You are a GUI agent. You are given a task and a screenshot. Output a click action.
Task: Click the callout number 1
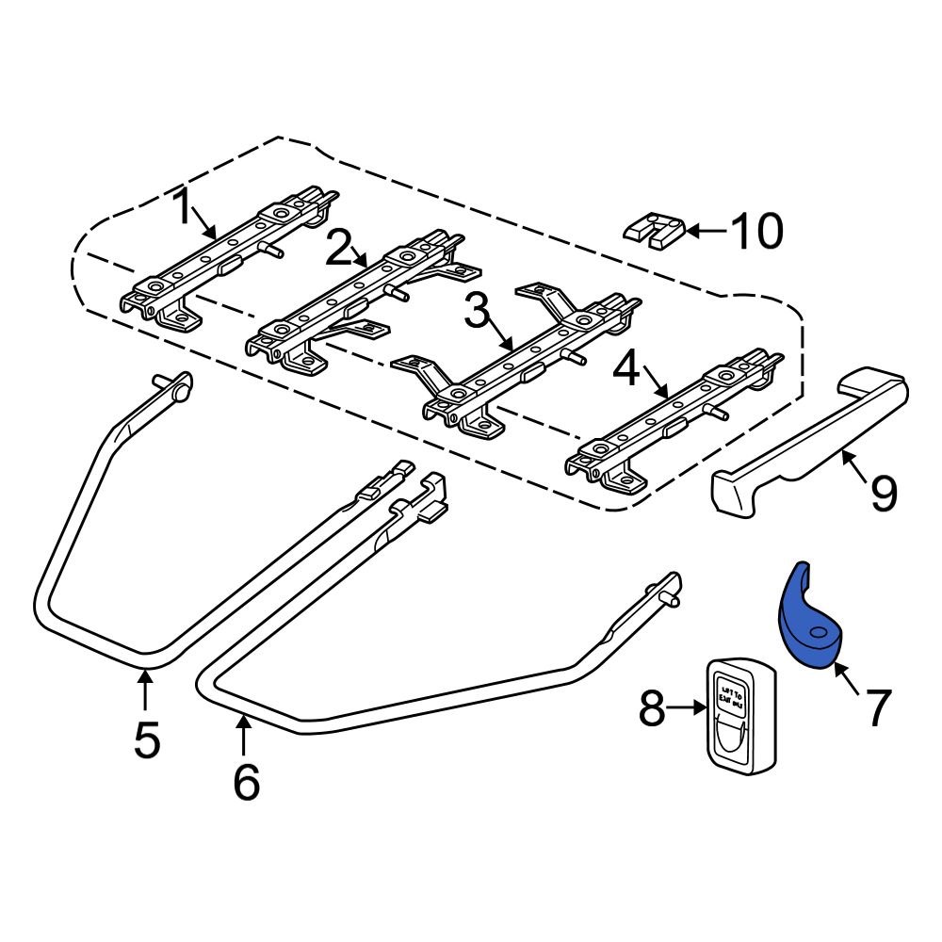[181, 207]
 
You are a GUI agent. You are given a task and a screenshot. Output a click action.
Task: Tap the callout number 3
[476, 312]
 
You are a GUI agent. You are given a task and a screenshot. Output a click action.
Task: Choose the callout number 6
[245, 782]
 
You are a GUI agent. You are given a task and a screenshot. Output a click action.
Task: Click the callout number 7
[877, 708]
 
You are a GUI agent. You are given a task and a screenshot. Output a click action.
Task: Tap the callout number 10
[755, 231]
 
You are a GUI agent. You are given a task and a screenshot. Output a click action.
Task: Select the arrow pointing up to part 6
[244, 735]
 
